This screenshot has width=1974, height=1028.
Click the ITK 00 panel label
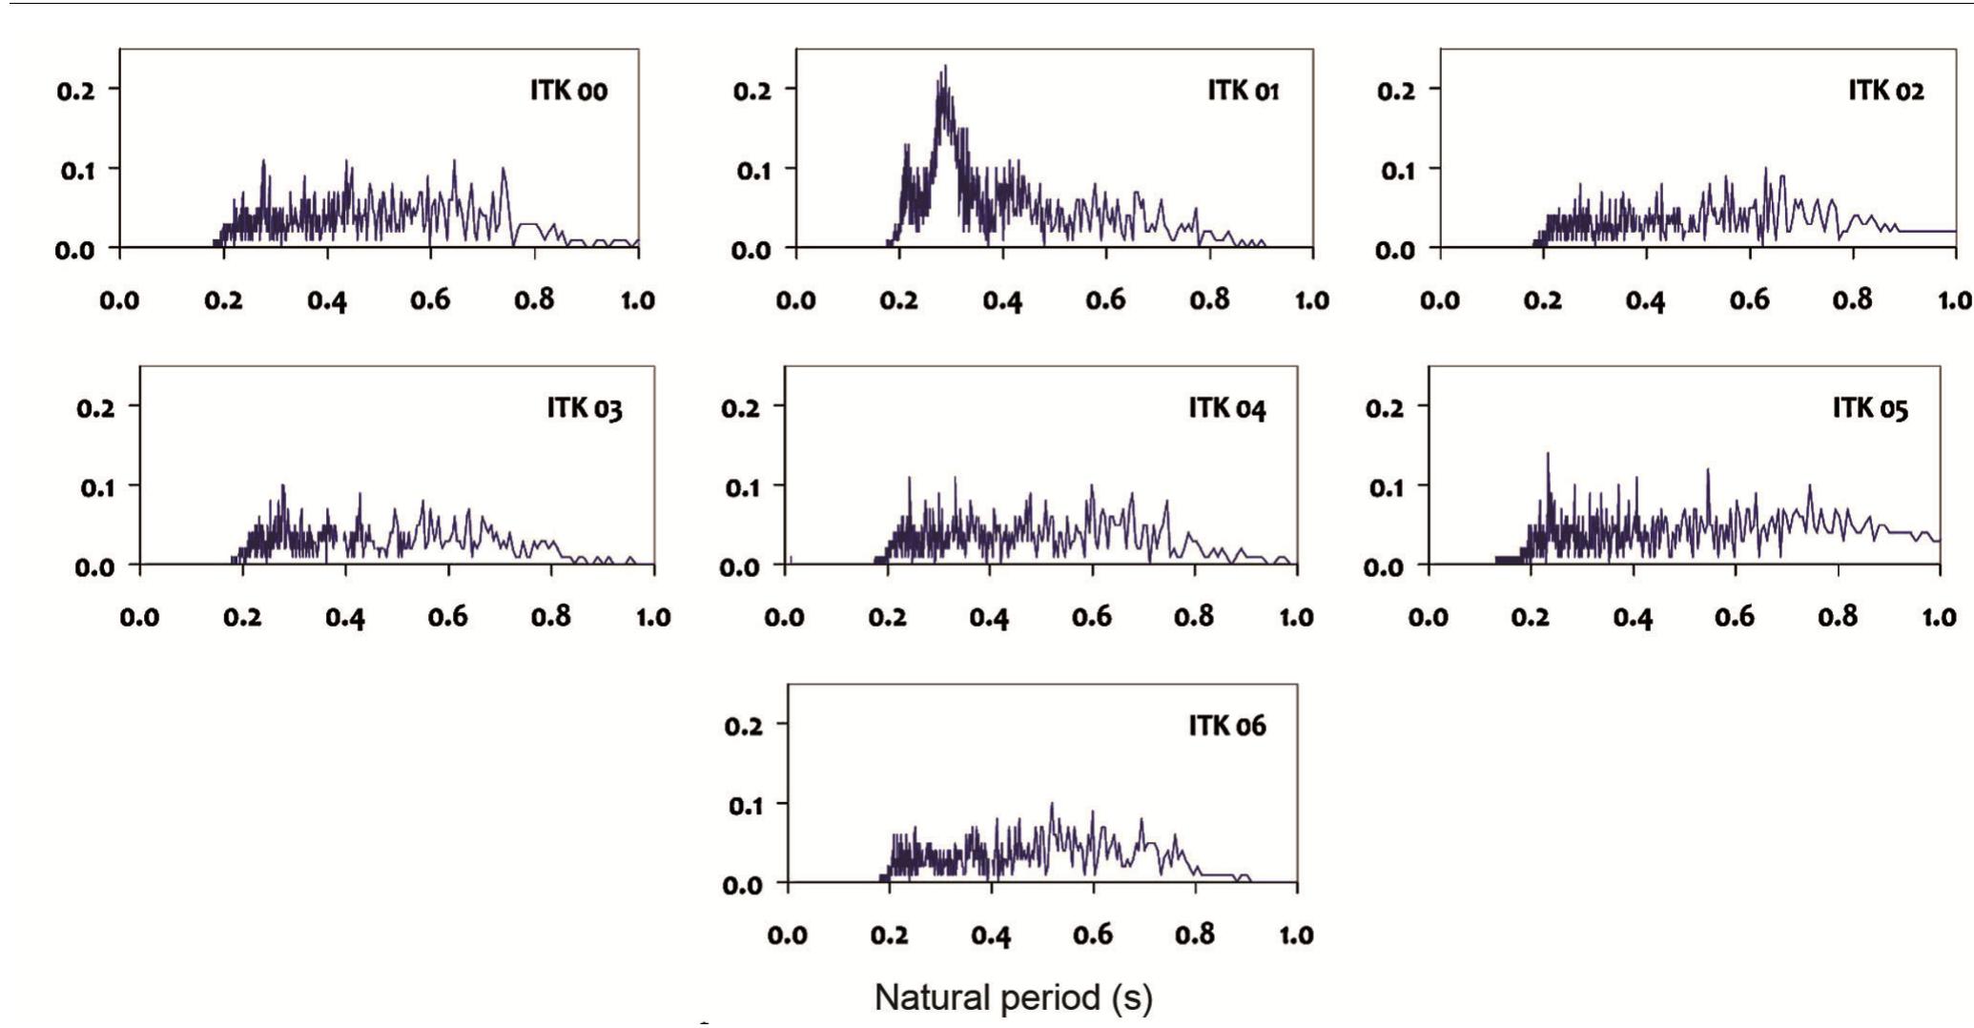click(568, 91)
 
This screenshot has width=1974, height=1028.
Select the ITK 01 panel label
click(1243, 91)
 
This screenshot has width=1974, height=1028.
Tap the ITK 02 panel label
click(1885, 91)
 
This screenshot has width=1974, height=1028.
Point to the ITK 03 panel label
click(585, 408)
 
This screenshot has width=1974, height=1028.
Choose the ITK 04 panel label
click(1226, 408)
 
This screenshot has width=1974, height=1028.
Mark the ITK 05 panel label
click(1870, 408)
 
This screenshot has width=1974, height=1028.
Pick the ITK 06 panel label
click(1226, 726)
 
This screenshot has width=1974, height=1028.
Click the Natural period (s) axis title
click(1013, 997)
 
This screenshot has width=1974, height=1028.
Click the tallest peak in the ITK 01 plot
click(945, 67)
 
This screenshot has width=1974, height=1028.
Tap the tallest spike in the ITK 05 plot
click(1547, 454)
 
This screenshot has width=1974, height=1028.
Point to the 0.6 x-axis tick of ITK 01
click(1105, 300)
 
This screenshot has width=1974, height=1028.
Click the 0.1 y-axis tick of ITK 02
click(1397, 171)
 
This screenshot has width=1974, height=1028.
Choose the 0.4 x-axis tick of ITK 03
click(345, 617)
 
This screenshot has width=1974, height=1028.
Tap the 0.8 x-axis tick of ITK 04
click(1194, 617)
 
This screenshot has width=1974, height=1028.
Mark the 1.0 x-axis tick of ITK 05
click(1939, 617)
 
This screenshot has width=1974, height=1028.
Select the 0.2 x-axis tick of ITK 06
click(889, 935)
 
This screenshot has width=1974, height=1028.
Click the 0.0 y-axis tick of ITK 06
click(746, 884)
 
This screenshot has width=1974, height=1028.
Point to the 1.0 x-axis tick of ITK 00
click(637, 300)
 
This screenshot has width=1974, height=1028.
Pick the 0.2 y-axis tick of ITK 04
click(740, 407)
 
